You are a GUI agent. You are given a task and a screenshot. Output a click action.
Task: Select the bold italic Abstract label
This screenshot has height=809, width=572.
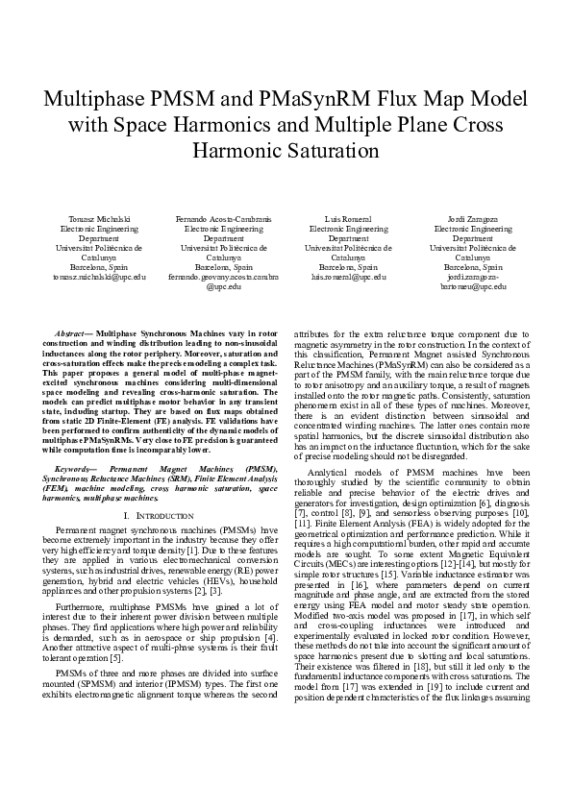[x=73, y=331]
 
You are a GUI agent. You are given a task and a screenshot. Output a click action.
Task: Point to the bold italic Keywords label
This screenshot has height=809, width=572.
[x=76, y=468]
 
